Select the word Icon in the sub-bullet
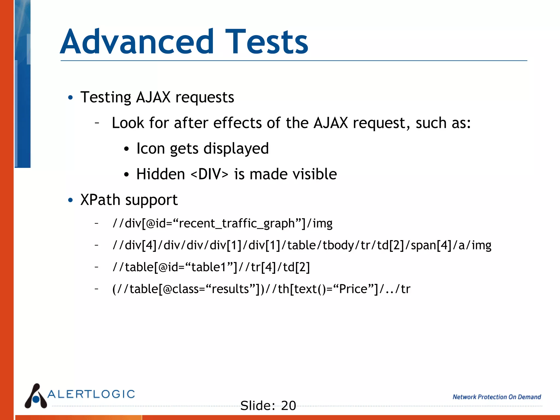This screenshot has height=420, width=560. pos(151,148)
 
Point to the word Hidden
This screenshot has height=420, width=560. pos(161,174)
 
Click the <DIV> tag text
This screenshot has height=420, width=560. pos(209,174)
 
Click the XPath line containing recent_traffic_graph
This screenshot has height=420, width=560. pos(222,223)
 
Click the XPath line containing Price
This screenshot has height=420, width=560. pos(261,289)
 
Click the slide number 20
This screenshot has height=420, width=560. pos(288,406)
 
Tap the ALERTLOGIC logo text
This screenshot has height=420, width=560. pos(91,394)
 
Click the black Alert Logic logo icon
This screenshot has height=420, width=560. pos(36,396)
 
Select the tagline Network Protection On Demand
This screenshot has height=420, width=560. pos(497,397)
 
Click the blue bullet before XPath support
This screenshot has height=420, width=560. pos(71,200)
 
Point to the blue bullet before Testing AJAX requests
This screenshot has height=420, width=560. pos(71,98)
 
